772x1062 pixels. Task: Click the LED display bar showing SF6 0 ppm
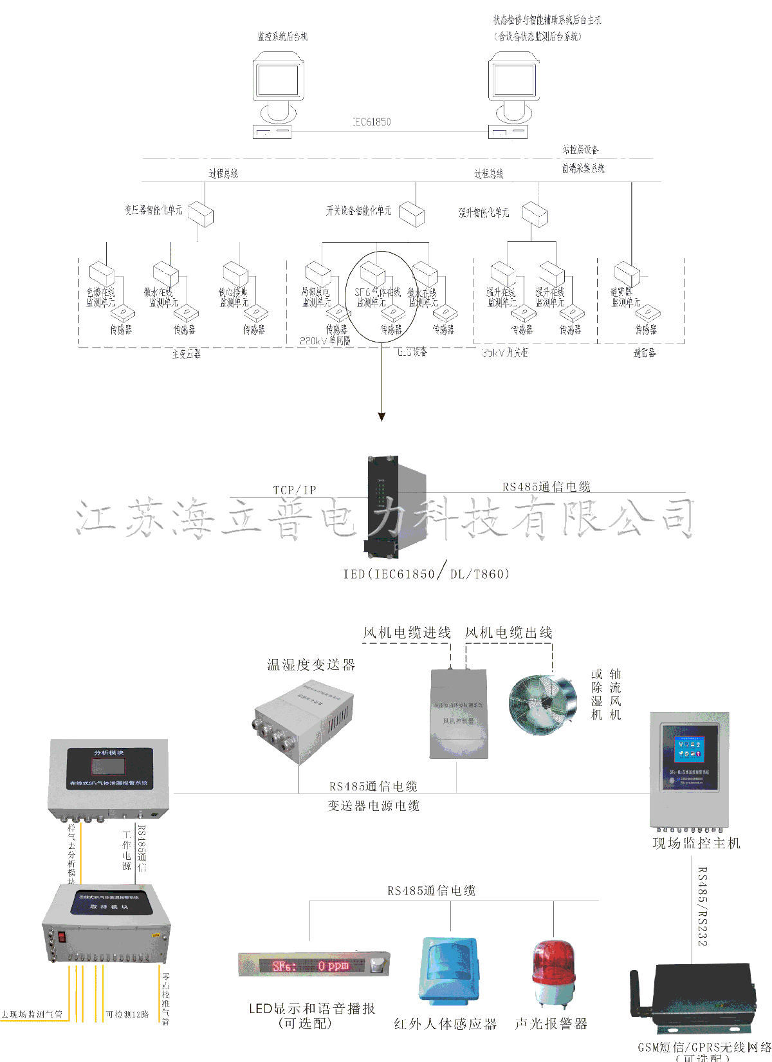[313, 965]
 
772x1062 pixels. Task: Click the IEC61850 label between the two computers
[371, 122]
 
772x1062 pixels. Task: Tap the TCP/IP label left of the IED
[295, 490]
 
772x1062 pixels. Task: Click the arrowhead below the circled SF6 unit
[381, 416]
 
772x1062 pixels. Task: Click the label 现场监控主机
[696, 843]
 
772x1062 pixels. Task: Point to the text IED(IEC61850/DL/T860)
[427, 573]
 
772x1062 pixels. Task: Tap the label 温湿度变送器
[311, 665]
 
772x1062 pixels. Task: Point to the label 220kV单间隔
[325, 341]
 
